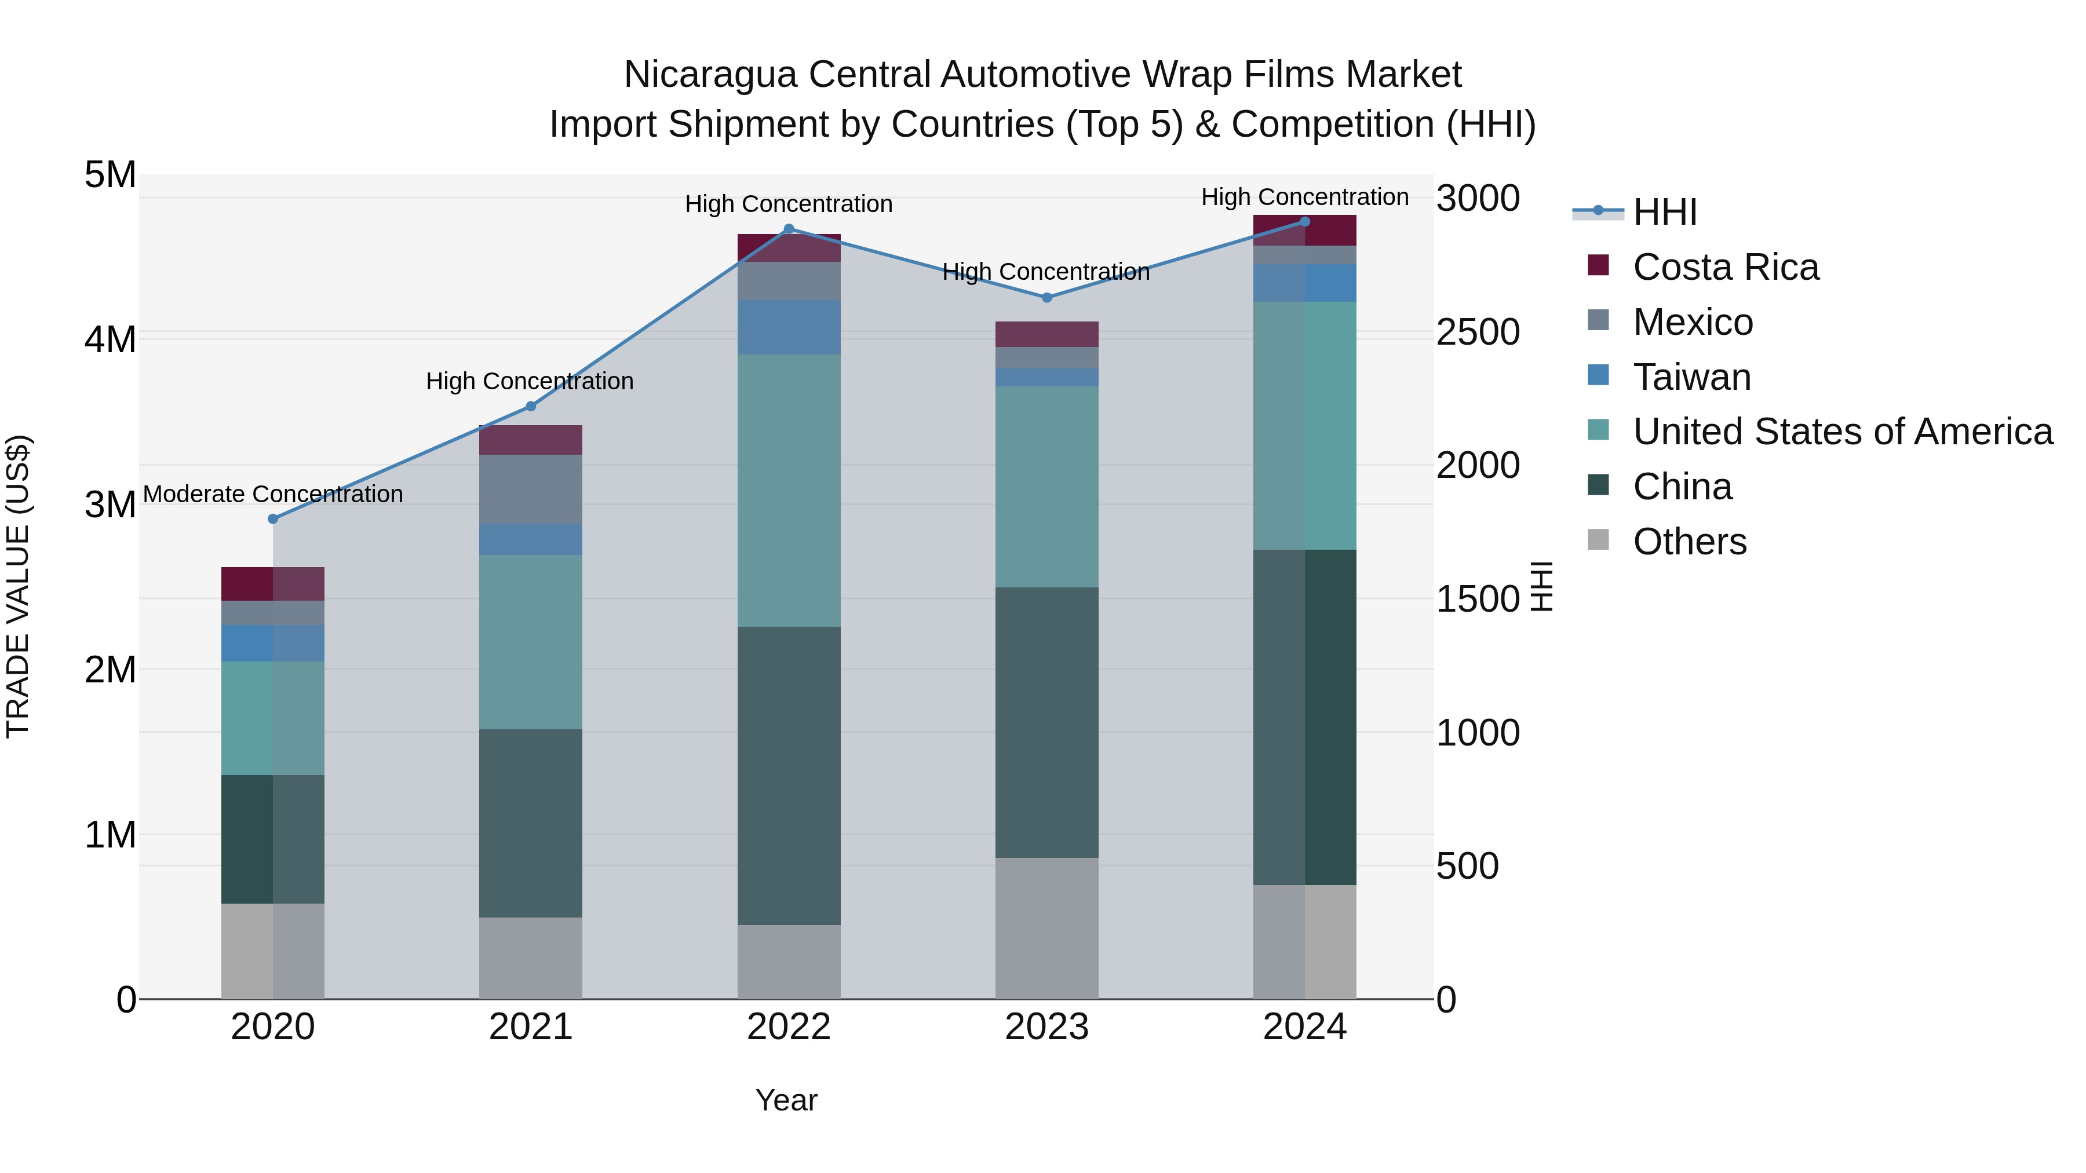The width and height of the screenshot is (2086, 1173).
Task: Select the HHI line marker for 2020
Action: (x=273, y=519)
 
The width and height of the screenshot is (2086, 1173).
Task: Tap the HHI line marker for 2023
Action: (x=1046, y=298)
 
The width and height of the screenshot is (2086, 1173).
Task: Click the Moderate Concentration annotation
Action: (x=273, y=494)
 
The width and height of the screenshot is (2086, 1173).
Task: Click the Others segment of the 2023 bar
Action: (x=1046, y=929)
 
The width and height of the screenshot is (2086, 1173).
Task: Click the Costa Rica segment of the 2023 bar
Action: (x=1046, y=334)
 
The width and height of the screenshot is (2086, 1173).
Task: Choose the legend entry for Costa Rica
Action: (x=1726, y=267)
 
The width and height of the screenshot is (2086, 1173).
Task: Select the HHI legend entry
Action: (x=1664, y=212)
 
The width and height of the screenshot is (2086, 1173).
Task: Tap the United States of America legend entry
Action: (x=1842, y=432)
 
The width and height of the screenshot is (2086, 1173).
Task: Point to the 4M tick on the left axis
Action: (x=110, y=339)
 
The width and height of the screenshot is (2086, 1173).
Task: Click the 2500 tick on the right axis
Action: (x=1478, y=332)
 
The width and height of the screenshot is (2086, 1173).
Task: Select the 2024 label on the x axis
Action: (x=1304, y=1027)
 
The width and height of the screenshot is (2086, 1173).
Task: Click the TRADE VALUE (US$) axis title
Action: (x=18, y=586)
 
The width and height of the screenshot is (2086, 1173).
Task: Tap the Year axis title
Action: (x=786, y=1100)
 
